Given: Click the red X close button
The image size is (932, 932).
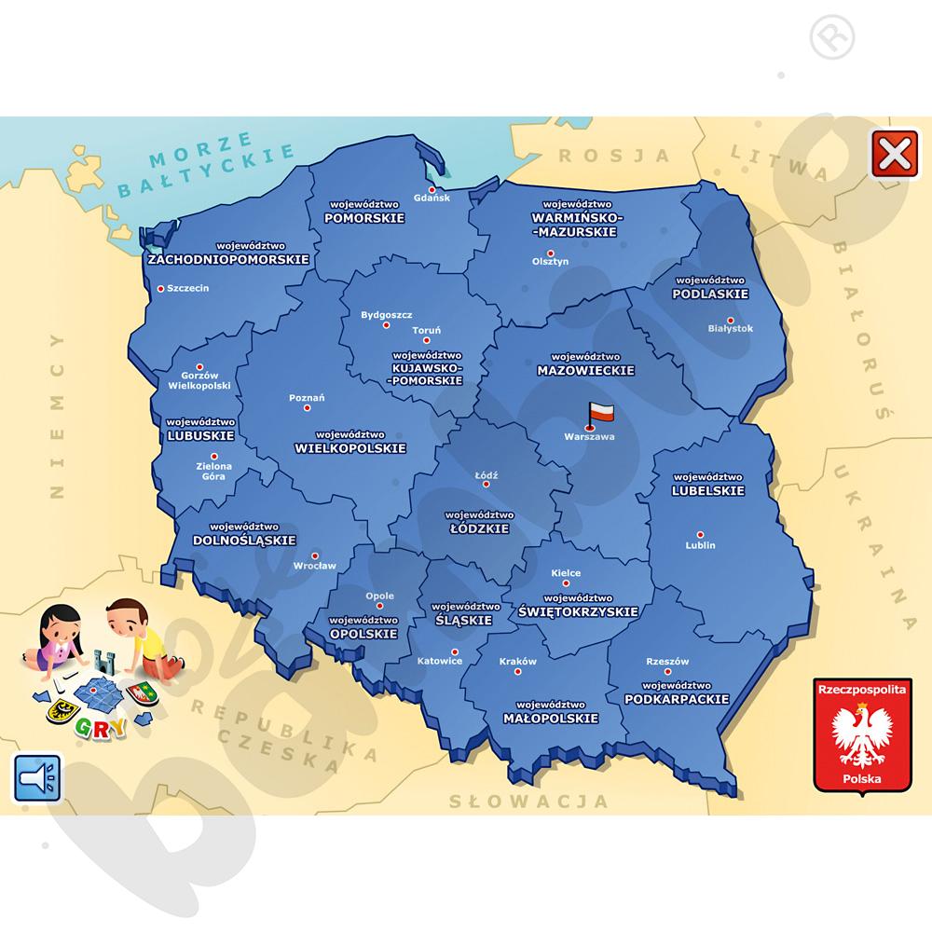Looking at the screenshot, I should (x=892, y=154).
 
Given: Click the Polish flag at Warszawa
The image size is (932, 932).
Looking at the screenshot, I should (x=600, y=412).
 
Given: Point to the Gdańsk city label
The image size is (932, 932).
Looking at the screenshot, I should (x=431, y=199).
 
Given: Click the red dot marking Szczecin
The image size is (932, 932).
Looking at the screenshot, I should (x=161, y=288).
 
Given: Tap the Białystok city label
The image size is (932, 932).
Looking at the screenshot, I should (x=730, y=328).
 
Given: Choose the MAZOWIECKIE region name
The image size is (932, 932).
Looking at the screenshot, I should (x=585, y=370).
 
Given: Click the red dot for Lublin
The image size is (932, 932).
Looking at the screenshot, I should (x=700, y=535).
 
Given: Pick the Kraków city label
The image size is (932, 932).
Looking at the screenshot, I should (x=518, y=662).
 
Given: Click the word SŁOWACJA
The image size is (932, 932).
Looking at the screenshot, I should (x=528, y=801).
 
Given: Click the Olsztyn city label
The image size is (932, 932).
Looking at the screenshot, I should (x=550, y=262).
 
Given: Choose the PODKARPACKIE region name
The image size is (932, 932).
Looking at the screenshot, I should (x=677, y=699).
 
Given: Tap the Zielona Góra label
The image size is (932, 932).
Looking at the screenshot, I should (x=212, y=472).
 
